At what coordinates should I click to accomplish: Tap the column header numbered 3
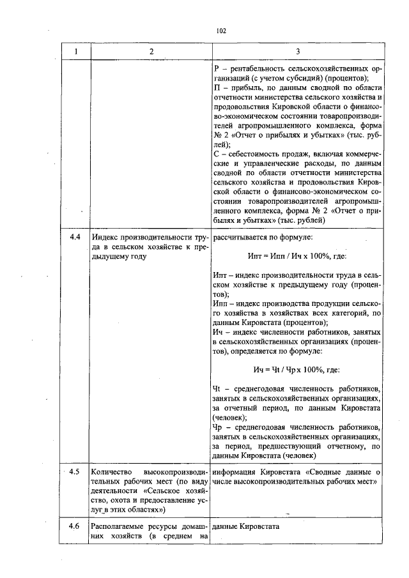pos(298,51)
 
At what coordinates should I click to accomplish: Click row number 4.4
pos(74,238)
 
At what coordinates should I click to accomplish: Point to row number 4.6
pos(74,526)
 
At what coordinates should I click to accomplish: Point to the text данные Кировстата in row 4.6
pos(245,526)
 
